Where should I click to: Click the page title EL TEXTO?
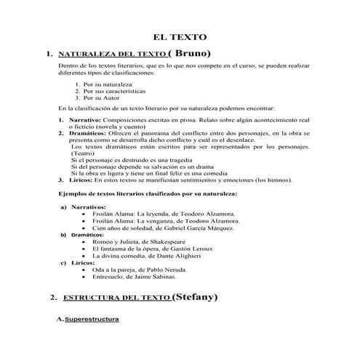point(179,37)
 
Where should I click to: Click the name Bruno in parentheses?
point(190,53)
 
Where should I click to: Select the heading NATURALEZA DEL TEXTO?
point(111,55)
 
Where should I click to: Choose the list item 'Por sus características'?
point(114,92)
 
